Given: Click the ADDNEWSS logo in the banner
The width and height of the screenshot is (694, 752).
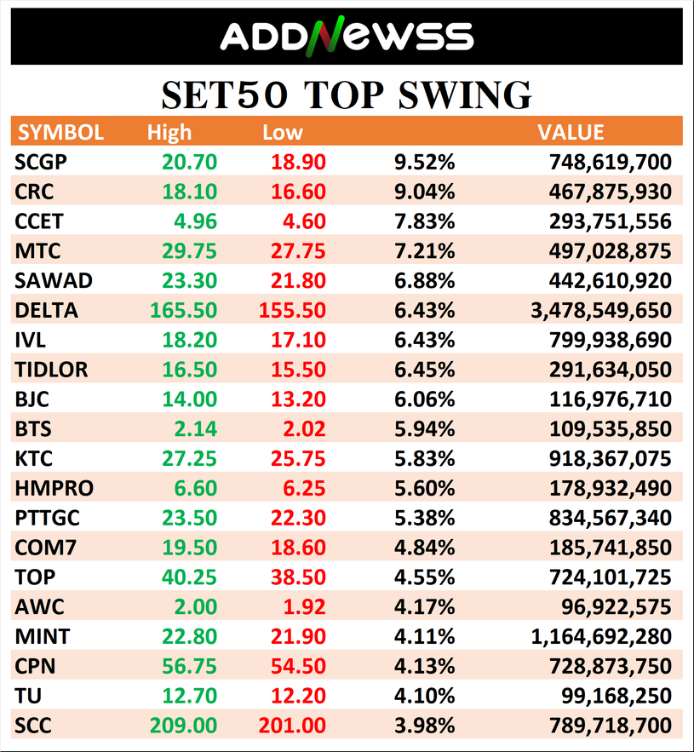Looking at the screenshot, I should tap(347, 36).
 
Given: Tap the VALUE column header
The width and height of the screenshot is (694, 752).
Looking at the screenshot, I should tap(571, 133).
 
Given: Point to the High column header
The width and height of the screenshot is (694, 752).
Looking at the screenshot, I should tap(169, 133).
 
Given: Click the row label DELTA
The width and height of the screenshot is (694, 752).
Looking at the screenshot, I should tap(47, 311).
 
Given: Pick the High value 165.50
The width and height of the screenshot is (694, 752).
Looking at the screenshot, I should tap(183, 311).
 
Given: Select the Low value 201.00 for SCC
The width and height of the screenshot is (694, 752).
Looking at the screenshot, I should tap(291, 726).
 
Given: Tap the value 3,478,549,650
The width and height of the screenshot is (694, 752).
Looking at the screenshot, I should tap(600, 311).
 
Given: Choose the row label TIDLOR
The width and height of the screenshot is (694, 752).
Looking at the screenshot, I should tap(51, 370).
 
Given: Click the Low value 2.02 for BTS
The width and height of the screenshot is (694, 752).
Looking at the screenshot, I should tap(304, 429).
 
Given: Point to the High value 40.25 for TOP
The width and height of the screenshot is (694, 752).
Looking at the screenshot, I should tap(189, 577).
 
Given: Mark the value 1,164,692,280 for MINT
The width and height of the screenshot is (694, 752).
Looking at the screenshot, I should tap(600, 636).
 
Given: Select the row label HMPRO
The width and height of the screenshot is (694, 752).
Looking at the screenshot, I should tap(54, 488).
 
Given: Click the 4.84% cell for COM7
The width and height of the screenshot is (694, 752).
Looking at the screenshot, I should tap(424, 548).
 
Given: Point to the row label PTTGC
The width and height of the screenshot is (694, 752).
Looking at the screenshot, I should tap(49, 518).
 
